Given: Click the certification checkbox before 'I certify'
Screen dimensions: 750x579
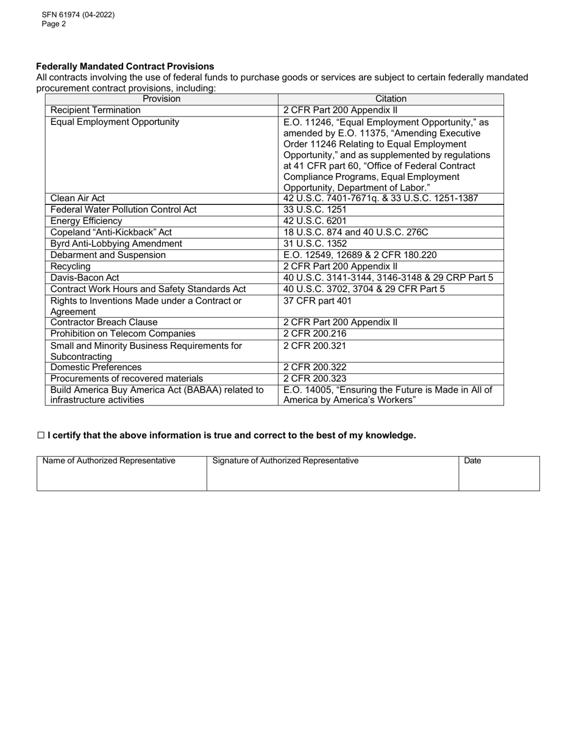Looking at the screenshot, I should (41, 435).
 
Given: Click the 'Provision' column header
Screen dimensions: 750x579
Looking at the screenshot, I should (162, 99).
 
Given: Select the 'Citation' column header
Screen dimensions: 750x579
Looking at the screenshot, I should (391, 99).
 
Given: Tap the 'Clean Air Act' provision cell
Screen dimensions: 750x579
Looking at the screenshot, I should (77, 198).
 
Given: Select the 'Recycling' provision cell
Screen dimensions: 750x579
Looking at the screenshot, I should (71, 266).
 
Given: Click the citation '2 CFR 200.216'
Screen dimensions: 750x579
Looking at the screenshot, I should (315, 334).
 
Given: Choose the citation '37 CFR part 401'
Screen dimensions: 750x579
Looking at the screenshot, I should (318, 301).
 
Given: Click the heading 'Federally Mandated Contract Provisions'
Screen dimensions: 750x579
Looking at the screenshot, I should (125, 66).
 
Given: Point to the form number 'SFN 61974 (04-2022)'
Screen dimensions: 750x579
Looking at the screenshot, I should (78, 15).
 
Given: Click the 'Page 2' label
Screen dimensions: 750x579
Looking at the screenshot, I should (54, 24).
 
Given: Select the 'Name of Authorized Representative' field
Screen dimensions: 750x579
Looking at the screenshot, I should (122, 474).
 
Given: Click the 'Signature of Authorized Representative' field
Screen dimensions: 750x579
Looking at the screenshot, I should (332, 474).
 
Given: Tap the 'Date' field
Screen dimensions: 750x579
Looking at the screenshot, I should (499, 474).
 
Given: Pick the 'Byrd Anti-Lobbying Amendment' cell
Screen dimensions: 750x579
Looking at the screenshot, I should (116, 243).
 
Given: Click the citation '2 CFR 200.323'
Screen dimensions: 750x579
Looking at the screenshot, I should (315, 379).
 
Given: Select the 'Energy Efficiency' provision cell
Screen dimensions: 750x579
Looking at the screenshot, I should (86, 221).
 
